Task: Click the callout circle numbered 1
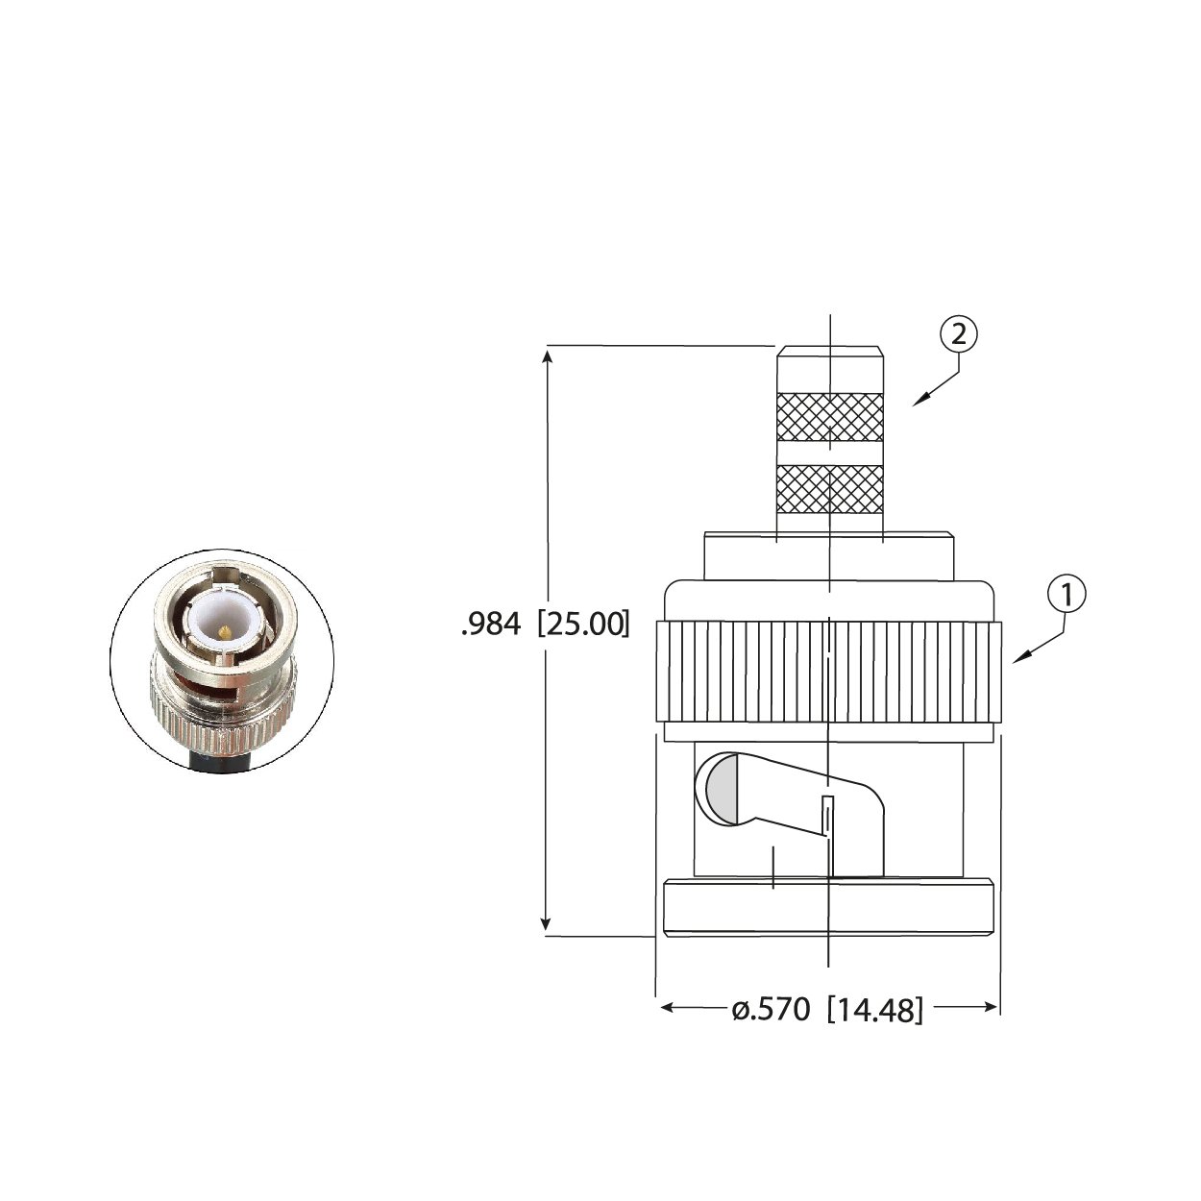tap(1066, 595)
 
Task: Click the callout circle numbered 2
tap(958, 334)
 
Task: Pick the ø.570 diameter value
tap(772, 1010)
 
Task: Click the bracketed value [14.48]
tap(875, 1010)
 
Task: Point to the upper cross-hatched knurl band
tap(829, 417)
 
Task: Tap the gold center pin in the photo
tap(224, 632)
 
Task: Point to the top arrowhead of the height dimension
tap(548, 355)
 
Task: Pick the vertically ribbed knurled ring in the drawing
tap(829, 673)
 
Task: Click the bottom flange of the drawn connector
tap(828, 908)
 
